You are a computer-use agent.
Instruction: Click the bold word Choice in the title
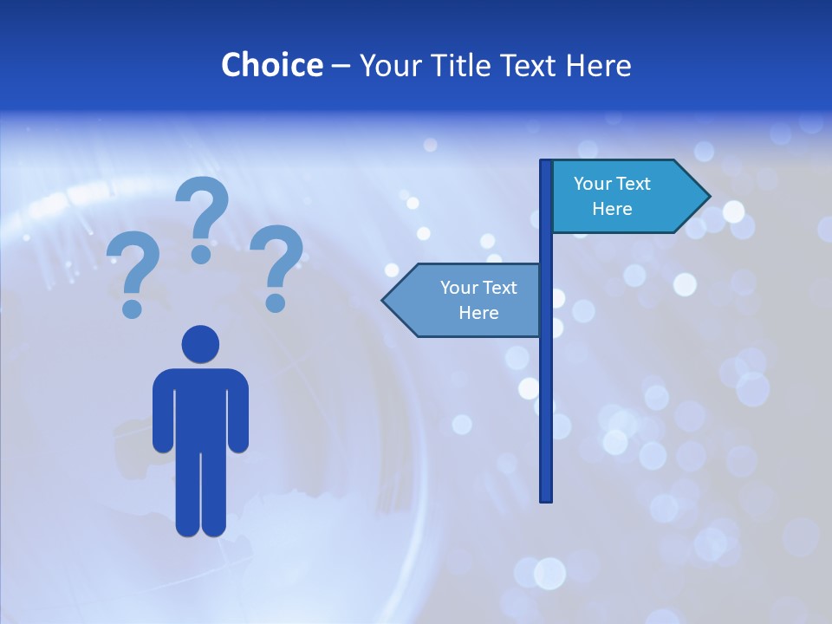[x=271, y=65]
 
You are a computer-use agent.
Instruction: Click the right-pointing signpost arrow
[x=624, y=197]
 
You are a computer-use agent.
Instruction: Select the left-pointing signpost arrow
[x=464, y=300]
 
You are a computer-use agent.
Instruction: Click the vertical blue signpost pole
[x=546, y=390]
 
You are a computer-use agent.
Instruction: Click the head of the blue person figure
[x=200, y=344]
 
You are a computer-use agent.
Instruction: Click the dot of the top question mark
[x=201, y=253]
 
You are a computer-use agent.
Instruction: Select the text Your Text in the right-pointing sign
[x=612, y=184]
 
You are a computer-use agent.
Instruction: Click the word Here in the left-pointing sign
[x=478, y=313]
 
